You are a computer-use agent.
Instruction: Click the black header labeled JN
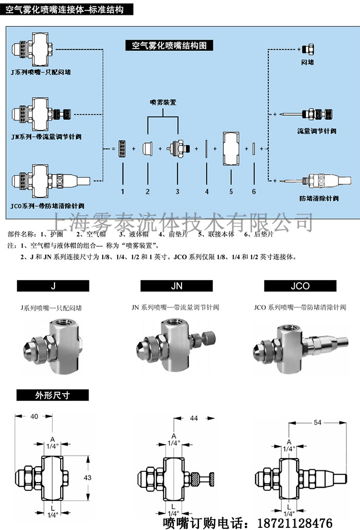pos(176,286)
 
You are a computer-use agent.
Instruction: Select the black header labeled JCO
pos(300,286)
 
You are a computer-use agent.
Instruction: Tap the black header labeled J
pos(53,286)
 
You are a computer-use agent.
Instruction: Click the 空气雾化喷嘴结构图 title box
pos(169,45)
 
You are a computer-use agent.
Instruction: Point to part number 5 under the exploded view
pos(231,191)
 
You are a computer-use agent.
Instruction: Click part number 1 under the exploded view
pos(123,191)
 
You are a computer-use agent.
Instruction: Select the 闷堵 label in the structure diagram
pos(308,62)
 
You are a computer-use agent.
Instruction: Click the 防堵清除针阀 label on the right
pos(318,198)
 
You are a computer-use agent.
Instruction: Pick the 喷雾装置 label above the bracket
pos(163,102)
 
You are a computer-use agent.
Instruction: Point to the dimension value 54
pos(317,422)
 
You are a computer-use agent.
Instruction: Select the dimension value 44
pos(194,418)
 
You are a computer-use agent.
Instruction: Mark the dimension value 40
pos(34,416)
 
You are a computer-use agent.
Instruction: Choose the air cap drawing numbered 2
pos(147,148)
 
